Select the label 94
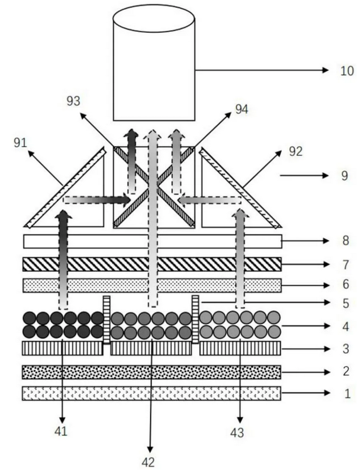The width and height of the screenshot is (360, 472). pos(242,109)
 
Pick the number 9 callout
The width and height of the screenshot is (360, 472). pos(344,176)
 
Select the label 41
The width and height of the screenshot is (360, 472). pos(61,431)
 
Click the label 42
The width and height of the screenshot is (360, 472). pos(148,462)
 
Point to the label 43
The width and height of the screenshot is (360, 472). pos(239,432)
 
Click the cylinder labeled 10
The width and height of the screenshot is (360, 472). pos(154,68)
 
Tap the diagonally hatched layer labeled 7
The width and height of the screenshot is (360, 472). pos(151,264)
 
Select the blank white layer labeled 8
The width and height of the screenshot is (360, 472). pos(151,241)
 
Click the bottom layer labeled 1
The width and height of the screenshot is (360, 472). pos(151,393)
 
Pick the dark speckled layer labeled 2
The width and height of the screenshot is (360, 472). pos(151,372)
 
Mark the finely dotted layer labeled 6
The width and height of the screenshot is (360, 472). pos(151,285)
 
